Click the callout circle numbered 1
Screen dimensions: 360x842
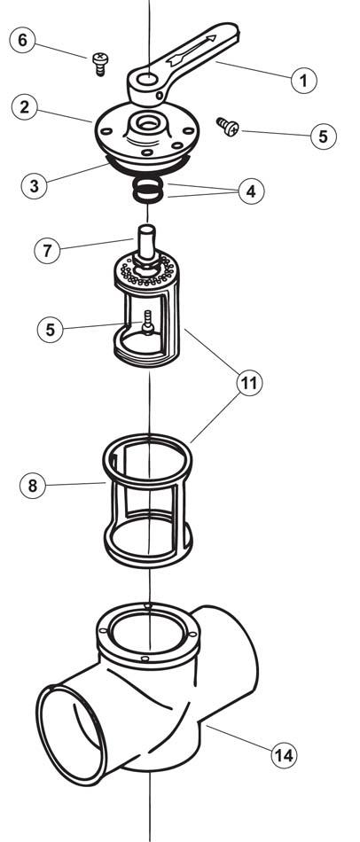[303, 81]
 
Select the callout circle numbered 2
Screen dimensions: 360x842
[25, 106]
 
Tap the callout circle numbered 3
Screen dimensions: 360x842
[35, 186]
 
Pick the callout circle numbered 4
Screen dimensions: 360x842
[252, 191]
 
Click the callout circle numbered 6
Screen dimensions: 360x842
[23, 40]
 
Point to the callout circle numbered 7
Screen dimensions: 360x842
[48, 251]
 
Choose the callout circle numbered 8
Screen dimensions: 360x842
[33, 485]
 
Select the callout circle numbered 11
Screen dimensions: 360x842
[249, 384]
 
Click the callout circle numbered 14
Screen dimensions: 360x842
[283, 755]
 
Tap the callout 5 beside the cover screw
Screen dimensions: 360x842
[323, 136]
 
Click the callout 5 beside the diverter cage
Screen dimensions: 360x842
[50, 329]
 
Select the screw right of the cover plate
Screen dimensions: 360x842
[228, 126]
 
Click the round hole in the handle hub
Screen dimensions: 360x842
[146, 81]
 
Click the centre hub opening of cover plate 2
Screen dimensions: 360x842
[146, 123]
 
